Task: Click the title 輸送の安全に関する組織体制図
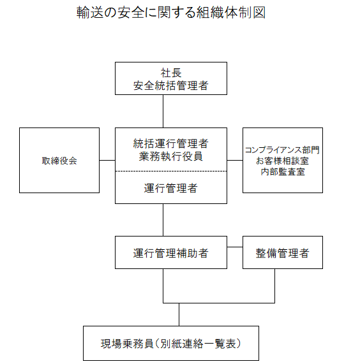pos(171,13)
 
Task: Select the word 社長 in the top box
pos(171,73)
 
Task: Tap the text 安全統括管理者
pos(171,85)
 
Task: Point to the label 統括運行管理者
pos(171,143)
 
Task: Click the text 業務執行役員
pos(171,156)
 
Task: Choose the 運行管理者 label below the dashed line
pos(171,188)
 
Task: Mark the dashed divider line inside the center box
pos(171,171)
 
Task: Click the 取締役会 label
pos(59,161)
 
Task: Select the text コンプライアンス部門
pos(282,150)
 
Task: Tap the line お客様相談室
pos(282,161)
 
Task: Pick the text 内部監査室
pos(283,171)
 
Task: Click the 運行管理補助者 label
pos(171,253)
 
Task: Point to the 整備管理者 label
pos(283,253)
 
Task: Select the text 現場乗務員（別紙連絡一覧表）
pos(171,344)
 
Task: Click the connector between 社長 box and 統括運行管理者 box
pos(163,111)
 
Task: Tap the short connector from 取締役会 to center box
pos(107,160)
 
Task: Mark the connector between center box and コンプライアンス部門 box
pos(235,160)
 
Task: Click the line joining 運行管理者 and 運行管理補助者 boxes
pos(163,220)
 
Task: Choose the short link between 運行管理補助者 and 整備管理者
pos(235,247)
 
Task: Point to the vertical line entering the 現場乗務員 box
pos(179,314)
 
